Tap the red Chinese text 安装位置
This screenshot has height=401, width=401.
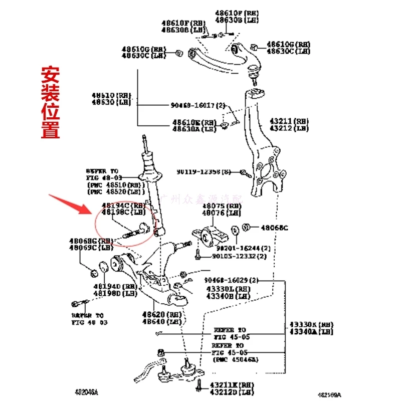click(x=50, y=103)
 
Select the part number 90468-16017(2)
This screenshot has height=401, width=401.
click(x=197, y=106)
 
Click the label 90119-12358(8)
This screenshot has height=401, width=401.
click(x=204, y=172)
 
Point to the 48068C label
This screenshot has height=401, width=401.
click(x=275, y=228)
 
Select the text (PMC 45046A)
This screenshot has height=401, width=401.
click(x=234, y=359)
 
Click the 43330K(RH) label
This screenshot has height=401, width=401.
click(x=311, y=324)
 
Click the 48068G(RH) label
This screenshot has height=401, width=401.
click(x=91, y=241)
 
